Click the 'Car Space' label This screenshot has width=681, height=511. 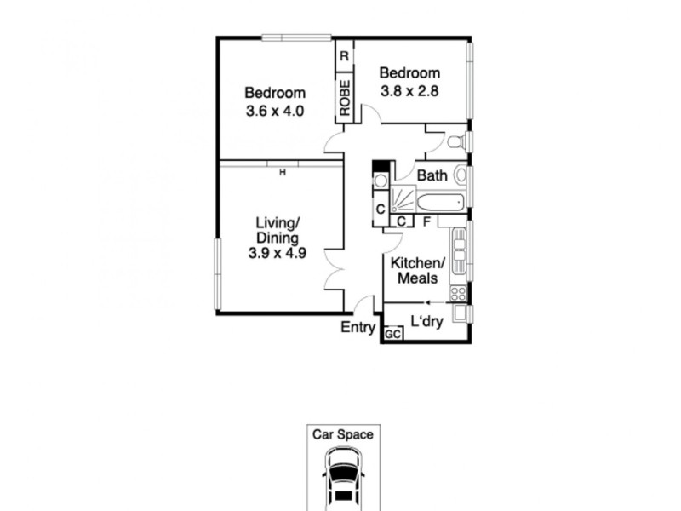click(342, 434)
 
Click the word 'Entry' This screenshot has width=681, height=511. click(358, 327)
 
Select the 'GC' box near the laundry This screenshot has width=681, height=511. click(392, 335)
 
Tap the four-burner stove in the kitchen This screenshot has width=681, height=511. click(458, 293)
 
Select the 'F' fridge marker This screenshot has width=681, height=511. click(426, 221)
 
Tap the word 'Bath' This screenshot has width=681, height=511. click(432, 176)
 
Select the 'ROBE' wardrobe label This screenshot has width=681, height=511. click(345, 98)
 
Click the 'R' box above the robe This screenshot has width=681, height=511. click(344, 56)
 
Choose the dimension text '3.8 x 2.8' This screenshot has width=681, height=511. click(409, 92)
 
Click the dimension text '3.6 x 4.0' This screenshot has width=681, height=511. click(275, 111)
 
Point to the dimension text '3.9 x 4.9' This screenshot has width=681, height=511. click(277, 253)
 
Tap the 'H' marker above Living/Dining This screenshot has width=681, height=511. click(281, 172)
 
